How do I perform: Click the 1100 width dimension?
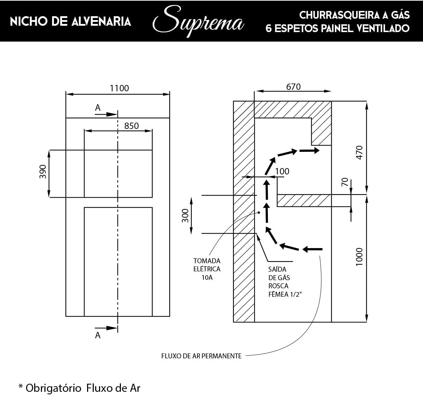point(119,88)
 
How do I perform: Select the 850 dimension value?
point(131,126)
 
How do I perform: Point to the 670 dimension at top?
point(293,86)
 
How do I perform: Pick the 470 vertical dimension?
point(359,153)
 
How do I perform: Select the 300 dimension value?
point(185,215)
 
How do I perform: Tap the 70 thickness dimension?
point(345,182)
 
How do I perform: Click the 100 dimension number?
point(282,171)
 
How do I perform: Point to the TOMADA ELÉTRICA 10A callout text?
point(207,269)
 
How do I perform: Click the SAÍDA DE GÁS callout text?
point(278,282)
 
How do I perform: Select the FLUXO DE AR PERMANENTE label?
point(201,356)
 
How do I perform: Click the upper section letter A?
point(98,108)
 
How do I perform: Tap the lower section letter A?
point(98,335)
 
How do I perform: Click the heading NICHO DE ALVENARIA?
point(70,21)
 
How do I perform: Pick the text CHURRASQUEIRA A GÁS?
point(354,15)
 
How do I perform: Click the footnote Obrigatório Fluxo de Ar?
point(79,388)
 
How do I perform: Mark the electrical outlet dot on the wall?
point(259,212)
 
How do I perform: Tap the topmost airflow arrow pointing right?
point(309,150)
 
